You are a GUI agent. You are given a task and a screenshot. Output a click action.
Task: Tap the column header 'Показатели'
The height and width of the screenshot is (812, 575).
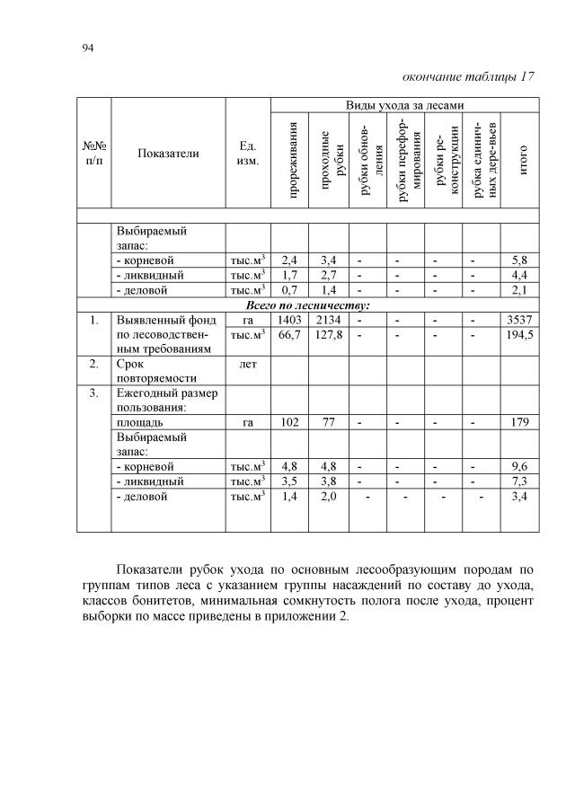coord(168,154)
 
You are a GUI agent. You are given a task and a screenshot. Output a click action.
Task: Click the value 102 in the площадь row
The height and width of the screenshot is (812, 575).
coord(289,421)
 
